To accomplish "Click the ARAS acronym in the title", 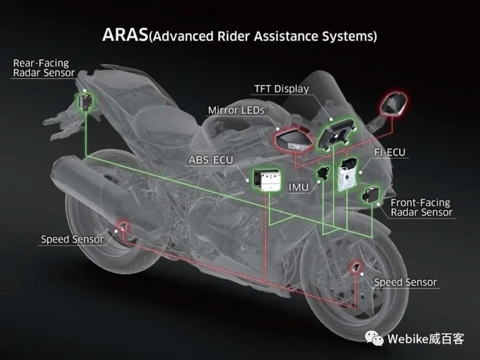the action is [125, 34].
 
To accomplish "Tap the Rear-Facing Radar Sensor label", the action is [44, 67].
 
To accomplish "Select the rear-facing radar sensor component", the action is [85, 101].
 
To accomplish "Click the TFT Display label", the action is [282, 89].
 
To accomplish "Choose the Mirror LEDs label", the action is [236, 110].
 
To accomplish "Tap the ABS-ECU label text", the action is [211, 160].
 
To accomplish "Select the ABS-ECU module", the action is [267, 180].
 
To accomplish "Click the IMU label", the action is [299, 187].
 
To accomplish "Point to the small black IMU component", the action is [323, 172].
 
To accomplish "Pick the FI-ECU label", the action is [390, 152].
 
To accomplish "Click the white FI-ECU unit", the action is [347, 174].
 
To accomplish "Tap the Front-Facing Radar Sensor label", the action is [421, 207].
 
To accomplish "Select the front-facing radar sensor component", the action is [371, 194].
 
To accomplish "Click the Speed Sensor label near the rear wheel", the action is [72, 239].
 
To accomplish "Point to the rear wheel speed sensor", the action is [123, 226].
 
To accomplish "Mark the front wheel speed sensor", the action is [356, 267].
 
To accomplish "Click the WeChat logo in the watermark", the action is [374, 338].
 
